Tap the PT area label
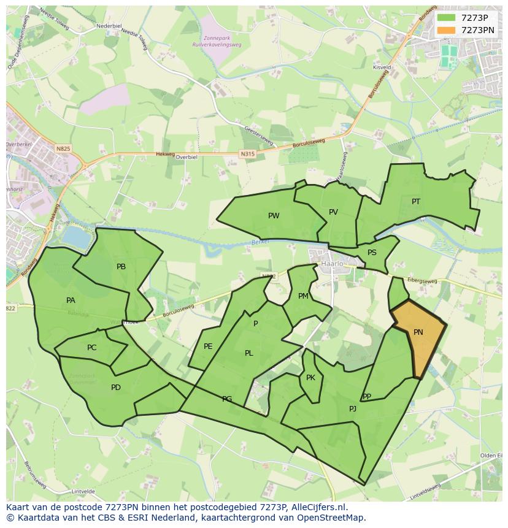(416, 202)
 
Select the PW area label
(274, 216)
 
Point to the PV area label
(333, 212)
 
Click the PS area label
(372, 253)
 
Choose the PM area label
(303, 296)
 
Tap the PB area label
(121, 267)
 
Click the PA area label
(71, 300)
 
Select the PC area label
(91, 348)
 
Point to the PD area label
(116, 388)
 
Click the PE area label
(208, 346)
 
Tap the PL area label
(248, 353)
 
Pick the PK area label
(310, 378)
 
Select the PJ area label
(353, 409)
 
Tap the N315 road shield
(247, 155)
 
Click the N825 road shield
(63, 148)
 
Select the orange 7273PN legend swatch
(447, 29)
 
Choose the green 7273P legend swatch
(447, 17)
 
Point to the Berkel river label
(260, 243)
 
